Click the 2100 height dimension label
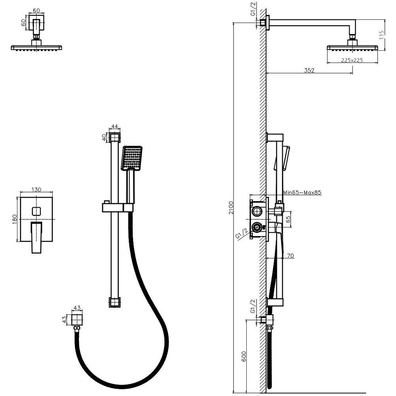[x=231, y=208]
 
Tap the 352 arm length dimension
[x=309, y=70]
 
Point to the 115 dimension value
[x=382, y=34]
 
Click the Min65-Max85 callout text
[x=302, y=192]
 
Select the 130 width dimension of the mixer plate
[x=36, y=190]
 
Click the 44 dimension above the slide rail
[x=115, y=127]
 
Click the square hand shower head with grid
[x=132, y=158]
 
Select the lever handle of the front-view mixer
[x=37, y=237]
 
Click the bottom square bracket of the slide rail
[x=114, y=302]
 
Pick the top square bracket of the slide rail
[x=115, y=138]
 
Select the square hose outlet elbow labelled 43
[x=78, y=320]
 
